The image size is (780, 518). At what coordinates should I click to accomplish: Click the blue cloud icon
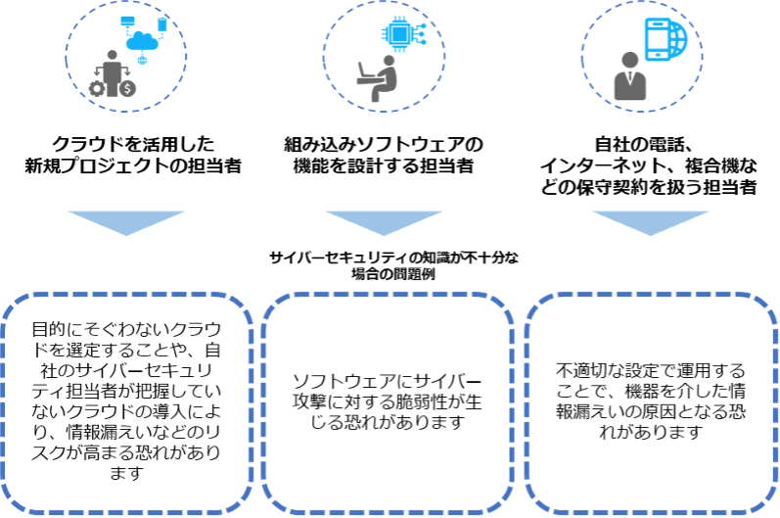pyautogui.click(x=143, y=41)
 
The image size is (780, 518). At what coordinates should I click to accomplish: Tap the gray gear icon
pyautogui.click(x=97, y=88)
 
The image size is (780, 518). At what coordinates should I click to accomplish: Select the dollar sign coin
pyautogui.click(x=129, y=88)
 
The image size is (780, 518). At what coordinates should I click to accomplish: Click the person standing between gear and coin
pyautogui.click(x=113, y=72)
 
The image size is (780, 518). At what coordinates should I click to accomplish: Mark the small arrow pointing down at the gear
pyautogui.click(x=95, y=73)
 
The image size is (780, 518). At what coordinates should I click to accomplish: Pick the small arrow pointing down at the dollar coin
pyautogui.click(x=129, y=73)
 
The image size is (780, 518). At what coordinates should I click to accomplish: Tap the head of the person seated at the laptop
pyautogui.click(x=389, y=62)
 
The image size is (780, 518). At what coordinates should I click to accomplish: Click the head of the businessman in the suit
pyautogui.click(x=629, y=62)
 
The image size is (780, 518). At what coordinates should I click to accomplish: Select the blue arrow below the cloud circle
pyautogui.click(x=126, y=221)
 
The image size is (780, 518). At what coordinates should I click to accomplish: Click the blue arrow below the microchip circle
pyautogui.click(x=384, y=221)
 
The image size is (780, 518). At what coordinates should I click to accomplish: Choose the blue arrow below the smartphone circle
pyautogui.click(x=651, y=221)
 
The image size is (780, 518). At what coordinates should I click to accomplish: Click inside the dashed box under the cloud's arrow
pyautogui.click(x=126, y=401)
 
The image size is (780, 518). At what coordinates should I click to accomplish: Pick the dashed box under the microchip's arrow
pyautogui.click(x=388, y=401)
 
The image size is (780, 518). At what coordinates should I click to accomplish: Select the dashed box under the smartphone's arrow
pyautogui.click(x=651, y=401)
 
